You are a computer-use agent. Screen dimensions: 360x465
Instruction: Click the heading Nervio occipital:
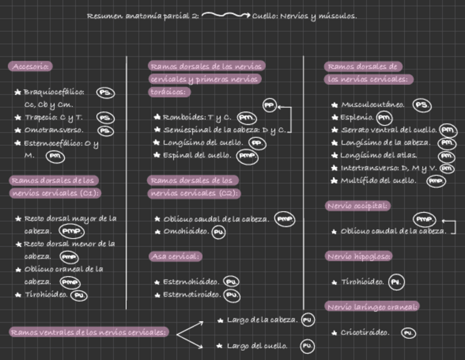click(x=358, y=206)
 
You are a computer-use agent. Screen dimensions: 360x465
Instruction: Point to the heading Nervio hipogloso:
click(x=359, y=256)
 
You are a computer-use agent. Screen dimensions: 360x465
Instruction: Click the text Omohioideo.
click(x=186, y=232)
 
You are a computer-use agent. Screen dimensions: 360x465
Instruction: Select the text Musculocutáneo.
click(x=373, y=105)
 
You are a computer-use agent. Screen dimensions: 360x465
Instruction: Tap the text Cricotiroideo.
click(x=365, y=333)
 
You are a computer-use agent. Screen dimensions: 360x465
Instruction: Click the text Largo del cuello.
click(x=257, y=346)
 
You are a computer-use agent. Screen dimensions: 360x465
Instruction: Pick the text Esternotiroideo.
click(x=192, y=295)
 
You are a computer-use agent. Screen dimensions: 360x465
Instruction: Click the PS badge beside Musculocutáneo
click(x=421, y=105)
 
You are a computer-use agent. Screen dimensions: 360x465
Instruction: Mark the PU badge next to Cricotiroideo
click(x=408, y=333)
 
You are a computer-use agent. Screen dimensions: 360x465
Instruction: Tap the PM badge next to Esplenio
click(x=385, y=117)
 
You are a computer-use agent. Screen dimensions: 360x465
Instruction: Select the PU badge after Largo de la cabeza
click(x=308, y=320)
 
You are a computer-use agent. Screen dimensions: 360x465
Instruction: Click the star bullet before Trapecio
click(x=18, y=117)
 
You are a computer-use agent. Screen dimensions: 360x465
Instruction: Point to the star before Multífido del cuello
click(x=334, y=181)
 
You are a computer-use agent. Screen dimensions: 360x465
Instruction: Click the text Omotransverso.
click(x=54, y=130)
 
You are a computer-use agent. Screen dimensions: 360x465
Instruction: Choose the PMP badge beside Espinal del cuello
click(x=247, y=156)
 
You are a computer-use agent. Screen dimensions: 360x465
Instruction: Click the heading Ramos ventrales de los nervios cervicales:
click(x=89, y=332)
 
